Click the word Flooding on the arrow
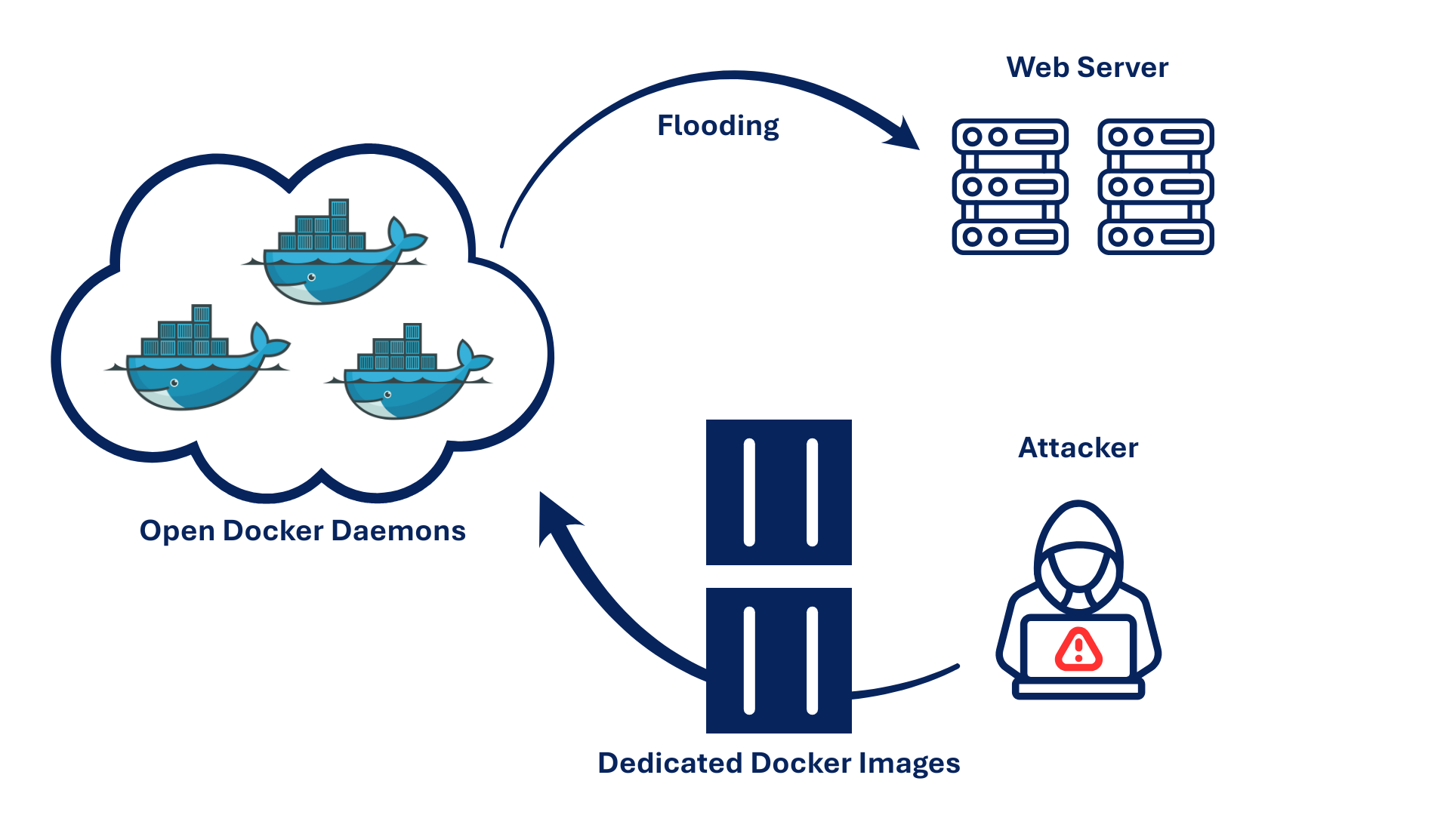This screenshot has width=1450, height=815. tap(717, 126)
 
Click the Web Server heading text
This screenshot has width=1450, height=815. tap(1087, 68)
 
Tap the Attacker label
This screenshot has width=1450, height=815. tap(1078, 448)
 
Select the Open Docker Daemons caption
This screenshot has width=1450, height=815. tap(302, 531)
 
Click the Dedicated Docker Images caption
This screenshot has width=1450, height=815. tap(779, 764)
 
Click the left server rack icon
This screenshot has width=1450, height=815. tap(1010, 186)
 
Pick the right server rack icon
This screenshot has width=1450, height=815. tap(1155, 186)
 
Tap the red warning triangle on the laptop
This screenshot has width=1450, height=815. tap(1078, 650)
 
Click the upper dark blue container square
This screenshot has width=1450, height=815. tap(779, 492)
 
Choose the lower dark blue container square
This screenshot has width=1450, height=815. tap(779, 660)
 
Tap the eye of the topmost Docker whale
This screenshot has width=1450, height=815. tap(311, 278)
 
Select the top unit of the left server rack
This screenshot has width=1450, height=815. tap(1010, 137)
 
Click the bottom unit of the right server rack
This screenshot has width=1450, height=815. tap(1155, 237)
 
